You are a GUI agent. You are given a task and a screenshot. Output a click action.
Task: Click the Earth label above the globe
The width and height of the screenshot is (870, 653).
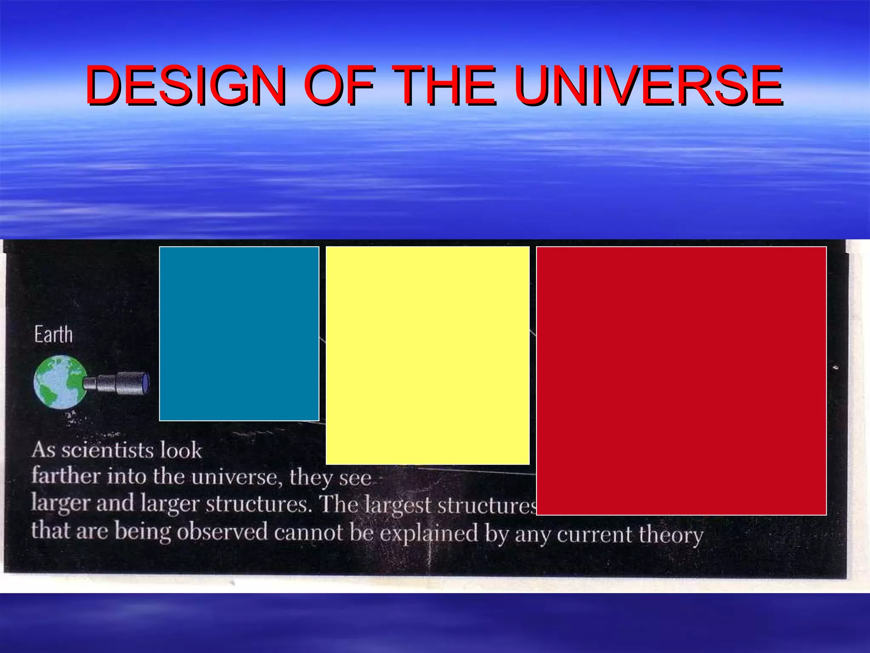click(54, 334)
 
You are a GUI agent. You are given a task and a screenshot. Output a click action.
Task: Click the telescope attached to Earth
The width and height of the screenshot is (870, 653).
click(115, 381)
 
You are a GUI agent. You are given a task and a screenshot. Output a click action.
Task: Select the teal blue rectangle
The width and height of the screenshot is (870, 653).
click(239, 334)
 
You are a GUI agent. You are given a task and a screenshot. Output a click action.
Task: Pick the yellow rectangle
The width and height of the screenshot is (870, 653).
click(427, 355)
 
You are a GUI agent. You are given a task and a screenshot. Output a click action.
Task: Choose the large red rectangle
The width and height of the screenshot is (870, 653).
click(681, 380)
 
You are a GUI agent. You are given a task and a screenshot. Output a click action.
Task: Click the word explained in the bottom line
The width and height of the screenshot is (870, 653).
click(429, 533)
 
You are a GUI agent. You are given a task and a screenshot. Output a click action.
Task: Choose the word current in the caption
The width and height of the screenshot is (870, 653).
click(594, 534)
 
